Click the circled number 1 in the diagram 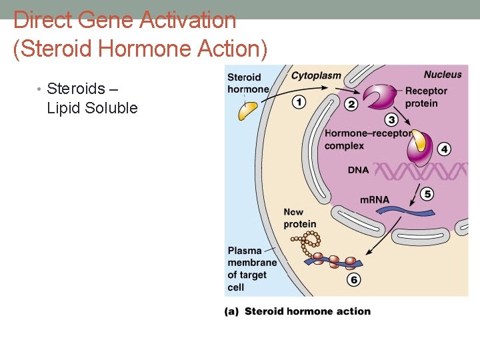tap(299, 102)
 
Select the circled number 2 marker tap(351, 104)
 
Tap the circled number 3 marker tap(391, 120)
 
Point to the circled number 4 tap(445, 149)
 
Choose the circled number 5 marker tap(427, 194)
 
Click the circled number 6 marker tap(354, 279)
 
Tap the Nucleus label tap(442, 75)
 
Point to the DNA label tap(358, 170)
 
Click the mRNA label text tap(374, 199)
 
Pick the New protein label tap(299, 218)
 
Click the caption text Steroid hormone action tap(307, 311)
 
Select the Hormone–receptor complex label tap(367, 139)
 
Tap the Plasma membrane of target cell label tap(251, 269)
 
